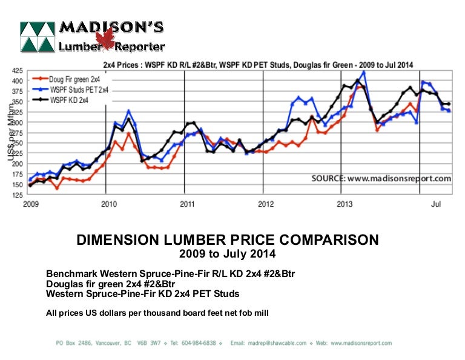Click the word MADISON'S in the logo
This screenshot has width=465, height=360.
111,28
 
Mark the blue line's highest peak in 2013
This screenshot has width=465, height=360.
363,73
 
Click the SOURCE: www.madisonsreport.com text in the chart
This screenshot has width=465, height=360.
381,179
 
